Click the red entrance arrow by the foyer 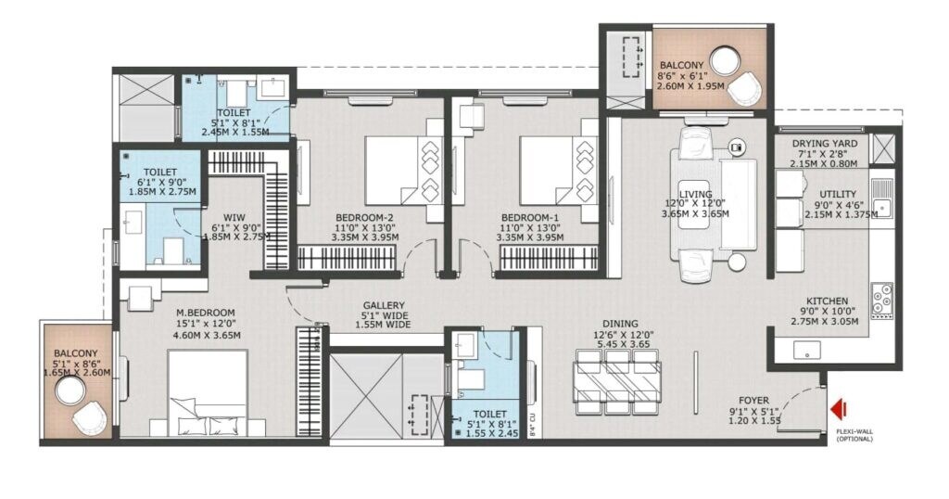tap(839, 408)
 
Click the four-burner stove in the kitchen tap(883, 294)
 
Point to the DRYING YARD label tap(824, 144)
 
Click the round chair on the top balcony tap(747, 90)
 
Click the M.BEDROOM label tap(206, 312)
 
